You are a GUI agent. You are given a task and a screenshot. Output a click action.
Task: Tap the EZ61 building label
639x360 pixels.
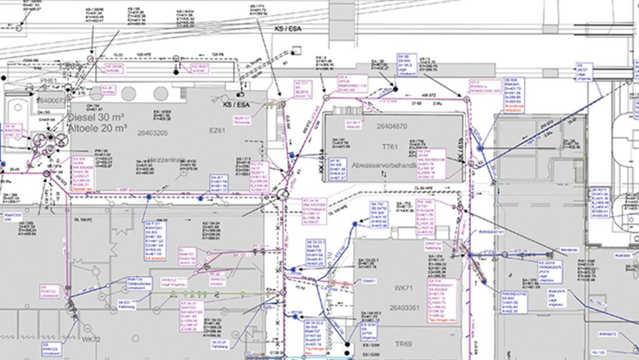tap(218, 130)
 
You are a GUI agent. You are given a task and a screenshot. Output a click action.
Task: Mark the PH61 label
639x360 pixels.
tap(49, 81)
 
